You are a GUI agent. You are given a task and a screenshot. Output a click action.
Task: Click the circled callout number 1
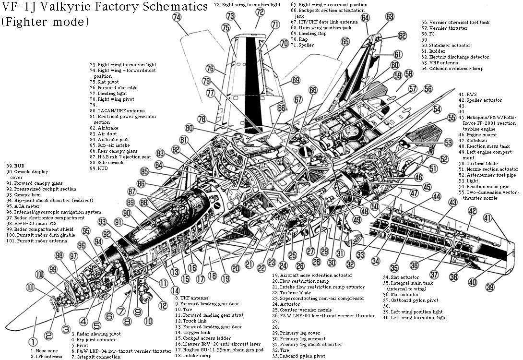pos(32,342)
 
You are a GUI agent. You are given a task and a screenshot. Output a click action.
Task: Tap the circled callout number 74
pos(177,17)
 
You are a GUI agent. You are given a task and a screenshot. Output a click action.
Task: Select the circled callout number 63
pos(390,16)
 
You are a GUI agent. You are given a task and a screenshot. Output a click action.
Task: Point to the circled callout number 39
pos(490,287)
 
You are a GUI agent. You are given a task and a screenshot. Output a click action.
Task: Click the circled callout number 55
pos(451,118)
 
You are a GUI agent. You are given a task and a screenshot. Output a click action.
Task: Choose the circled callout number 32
pos(350,264)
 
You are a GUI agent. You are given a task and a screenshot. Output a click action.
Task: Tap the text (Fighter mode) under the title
pos(45,22)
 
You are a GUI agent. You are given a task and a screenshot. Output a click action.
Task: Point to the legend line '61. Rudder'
pos(434,51)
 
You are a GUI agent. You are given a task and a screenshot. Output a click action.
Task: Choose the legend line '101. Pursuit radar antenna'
pos(37,241)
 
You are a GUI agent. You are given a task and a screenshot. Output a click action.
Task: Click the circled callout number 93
pos(102,221)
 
